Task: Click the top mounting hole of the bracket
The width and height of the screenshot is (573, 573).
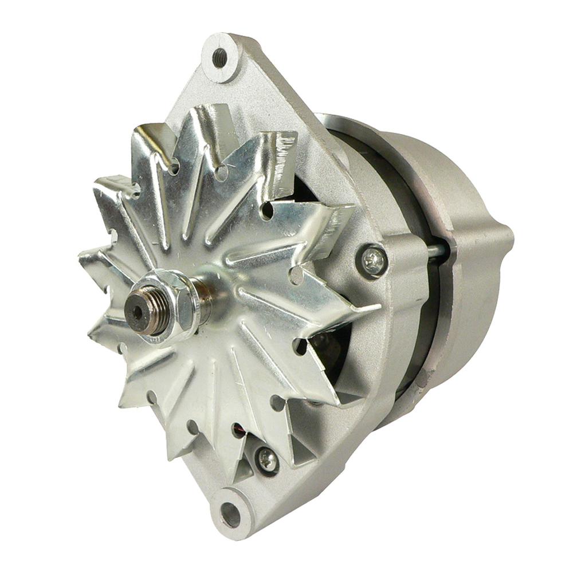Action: [x=219, y=57]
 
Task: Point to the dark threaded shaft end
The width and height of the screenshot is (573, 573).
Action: [x=141, y=309]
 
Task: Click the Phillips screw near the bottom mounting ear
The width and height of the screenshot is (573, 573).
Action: [x=267, y=458]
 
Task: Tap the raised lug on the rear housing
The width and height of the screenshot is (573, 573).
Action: [x=487, y=241]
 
